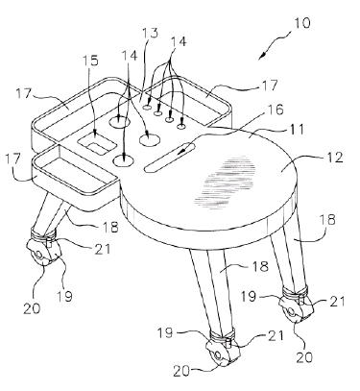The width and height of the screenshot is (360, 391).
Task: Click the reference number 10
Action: (301, 23)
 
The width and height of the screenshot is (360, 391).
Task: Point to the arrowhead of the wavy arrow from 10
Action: (262, 56)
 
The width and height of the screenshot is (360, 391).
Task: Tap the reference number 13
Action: (150, 34)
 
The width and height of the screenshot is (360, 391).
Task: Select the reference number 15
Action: (90, 61)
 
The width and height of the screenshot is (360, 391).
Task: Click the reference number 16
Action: (275, 110)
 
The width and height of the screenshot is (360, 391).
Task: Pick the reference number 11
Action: (294, 130)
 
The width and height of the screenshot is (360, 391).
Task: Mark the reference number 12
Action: (334, 158)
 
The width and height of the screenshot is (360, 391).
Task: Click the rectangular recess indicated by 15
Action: (97, 143)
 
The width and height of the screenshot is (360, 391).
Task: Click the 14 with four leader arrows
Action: (178, 42)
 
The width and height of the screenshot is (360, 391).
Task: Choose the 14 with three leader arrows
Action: (130, 55)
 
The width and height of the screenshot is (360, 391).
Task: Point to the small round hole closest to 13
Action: (147, 108)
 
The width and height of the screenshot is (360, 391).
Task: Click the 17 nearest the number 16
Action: (270, 85)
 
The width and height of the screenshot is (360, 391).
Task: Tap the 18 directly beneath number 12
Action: (328, 220)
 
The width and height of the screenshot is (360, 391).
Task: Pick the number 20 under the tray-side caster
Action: (32, 307)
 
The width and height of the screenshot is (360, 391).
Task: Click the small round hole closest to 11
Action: (180, 127)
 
